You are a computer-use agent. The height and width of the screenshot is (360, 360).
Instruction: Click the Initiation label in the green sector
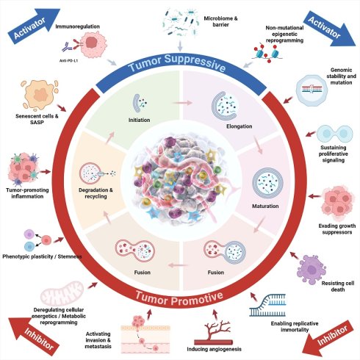tap(139, 120)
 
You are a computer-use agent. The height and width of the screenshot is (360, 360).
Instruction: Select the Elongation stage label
tap(239, 126)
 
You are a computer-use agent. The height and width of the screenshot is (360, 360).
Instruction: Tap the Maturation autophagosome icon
tap(267, 182)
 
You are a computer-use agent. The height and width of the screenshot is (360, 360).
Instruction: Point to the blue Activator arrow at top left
tap(34, 26)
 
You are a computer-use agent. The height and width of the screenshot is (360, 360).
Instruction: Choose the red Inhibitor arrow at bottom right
tap(328, 338)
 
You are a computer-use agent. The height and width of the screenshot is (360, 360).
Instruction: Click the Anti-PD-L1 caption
tap(68, 60)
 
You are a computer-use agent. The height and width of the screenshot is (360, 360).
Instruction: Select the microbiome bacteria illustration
tap(180, 23)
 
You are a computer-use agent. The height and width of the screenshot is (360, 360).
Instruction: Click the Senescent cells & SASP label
tap(37, 119)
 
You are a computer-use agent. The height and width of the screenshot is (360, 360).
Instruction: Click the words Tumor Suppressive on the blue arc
tap(177, 62)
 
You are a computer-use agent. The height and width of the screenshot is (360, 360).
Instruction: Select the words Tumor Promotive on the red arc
tap(179, 299)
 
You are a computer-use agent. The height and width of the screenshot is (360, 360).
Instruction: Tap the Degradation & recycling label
tap(96, 193)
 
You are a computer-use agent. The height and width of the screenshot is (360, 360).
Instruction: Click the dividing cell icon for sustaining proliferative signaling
tap(335, 134)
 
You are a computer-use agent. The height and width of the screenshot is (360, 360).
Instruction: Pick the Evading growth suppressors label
tap(337, 228)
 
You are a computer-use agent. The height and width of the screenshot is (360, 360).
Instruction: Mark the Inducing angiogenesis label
tap(214, 349)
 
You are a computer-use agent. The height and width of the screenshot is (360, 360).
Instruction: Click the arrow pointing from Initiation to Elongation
tap(182, 103)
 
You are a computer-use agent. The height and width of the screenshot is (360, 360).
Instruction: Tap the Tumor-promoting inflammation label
tap(27, 193)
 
